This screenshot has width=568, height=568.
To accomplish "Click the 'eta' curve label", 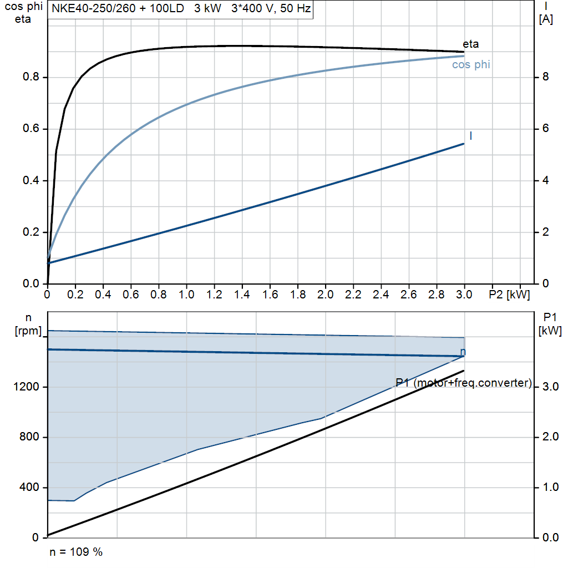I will [x=470, y=44].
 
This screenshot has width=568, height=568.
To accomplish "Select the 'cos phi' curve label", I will [x=471, y=65].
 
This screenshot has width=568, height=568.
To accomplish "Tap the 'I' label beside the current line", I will [x=471, y=136].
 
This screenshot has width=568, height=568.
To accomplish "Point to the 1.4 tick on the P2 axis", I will [x=242, y=295].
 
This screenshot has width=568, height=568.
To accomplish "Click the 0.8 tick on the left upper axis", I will [x=31, y=77].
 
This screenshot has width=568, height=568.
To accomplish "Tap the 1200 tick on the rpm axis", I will [x=27, y=387].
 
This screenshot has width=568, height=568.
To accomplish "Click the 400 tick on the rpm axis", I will [x=31, y=488].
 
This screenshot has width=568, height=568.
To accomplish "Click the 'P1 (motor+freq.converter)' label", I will [x=464, y=383].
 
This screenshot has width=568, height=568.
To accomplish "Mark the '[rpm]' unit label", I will [x=27, y=331].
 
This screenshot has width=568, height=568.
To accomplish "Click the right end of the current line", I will [x=464, y=144].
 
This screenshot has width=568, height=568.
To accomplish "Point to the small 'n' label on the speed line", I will [x=463, y=352].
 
